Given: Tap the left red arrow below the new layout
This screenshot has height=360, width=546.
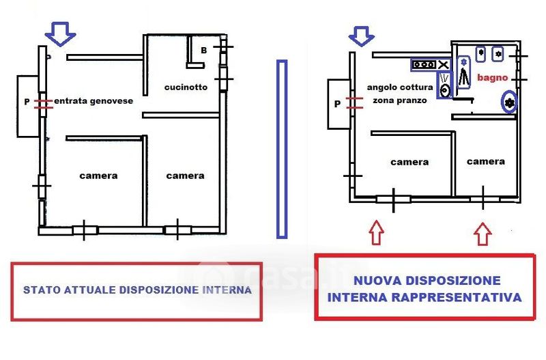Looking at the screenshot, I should (x=376, y=232).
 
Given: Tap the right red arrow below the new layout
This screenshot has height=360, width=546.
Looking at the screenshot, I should (x=483, y=234).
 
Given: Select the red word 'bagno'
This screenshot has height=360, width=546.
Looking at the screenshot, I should (x=492, y=78).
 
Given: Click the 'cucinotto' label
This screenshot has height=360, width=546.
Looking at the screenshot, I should (x=185, y=87).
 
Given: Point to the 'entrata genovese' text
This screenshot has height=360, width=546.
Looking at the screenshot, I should (x=94, y=101).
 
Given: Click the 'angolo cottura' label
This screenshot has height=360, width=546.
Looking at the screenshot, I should (x=399, y=87).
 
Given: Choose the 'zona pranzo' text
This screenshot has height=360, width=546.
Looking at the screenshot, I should (x=399, y=100).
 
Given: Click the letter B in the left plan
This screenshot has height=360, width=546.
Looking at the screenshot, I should (x=204, y=50).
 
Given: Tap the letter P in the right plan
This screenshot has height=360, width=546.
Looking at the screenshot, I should (x=337, y=105).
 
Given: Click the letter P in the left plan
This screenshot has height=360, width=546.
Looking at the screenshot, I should (x=27, y=102).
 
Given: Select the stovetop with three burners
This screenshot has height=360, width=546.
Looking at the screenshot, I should (x=423, y=65).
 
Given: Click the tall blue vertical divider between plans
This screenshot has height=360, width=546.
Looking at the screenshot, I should (x=282, y=149).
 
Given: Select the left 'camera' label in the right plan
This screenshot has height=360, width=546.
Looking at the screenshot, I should (x=409, y=162).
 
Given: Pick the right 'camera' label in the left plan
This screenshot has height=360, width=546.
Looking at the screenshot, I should (x=185, y=176).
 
